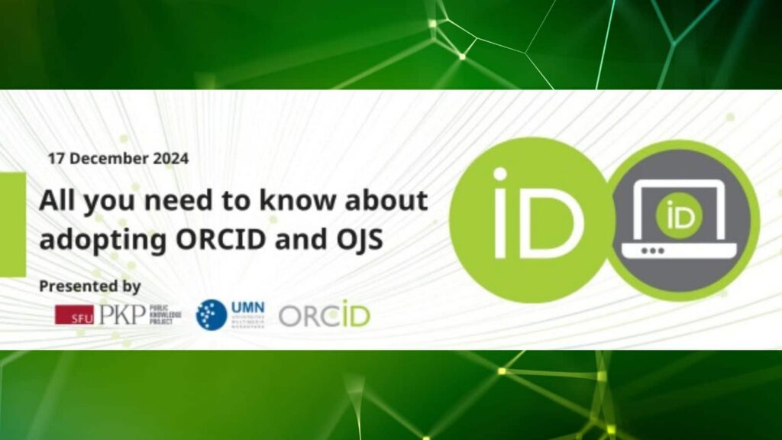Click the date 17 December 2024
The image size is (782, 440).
pos(118,159)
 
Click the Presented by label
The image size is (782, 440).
pos(90,286)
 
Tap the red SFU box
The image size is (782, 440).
pos(74,315)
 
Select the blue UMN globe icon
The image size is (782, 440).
pos(212,315)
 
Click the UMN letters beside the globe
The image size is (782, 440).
pos(247,307)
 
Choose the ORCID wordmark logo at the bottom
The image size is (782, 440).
pos(324,315)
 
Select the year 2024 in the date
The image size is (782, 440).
pos(170,159)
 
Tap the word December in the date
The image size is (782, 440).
pos(105,159)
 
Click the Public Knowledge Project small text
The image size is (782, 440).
pos(164,315)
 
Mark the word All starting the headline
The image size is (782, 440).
pos(57,202)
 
